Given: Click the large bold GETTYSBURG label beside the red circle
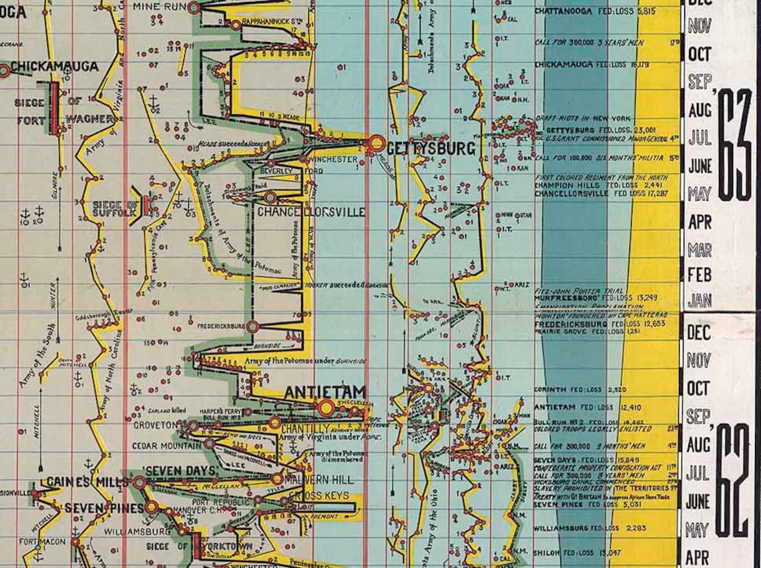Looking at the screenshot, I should tap(431, 148).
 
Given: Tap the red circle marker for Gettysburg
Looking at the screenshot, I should tap(376, 143).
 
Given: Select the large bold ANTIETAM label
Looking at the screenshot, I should tap(325, 392).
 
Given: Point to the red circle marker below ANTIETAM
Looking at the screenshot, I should tap(326, 408).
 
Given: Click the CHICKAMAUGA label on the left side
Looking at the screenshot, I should tap(54, 67).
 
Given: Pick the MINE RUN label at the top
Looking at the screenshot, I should tap(160, 6).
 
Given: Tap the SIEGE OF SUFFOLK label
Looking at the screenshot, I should tap(116, 208).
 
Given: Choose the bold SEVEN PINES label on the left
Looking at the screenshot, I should tap(104, 508).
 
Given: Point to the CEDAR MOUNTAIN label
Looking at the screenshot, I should tap(166, 445).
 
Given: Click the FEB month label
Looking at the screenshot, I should tap(699, 274).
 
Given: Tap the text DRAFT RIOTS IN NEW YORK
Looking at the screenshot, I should tap(583, 118).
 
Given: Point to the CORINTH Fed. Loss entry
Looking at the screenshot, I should tap(579, 389).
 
